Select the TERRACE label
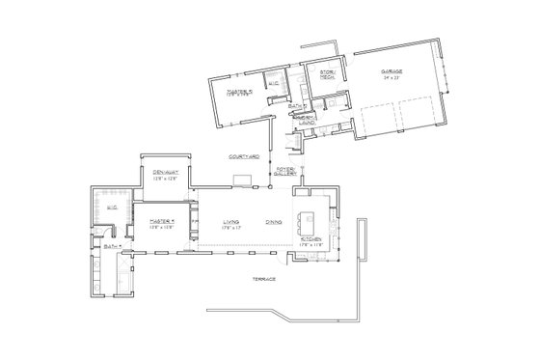264,278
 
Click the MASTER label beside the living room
160,221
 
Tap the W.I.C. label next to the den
110,207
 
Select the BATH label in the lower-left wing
110,246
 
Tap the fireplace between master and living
194,221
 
